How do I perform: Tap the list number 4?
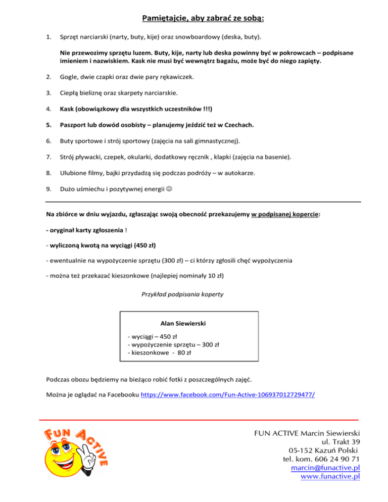click(x=47, y=108)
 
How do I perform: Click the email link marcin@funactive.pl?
click(x=325, y=468)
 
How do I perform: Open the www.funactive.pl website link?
click(x=330, y=477)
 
